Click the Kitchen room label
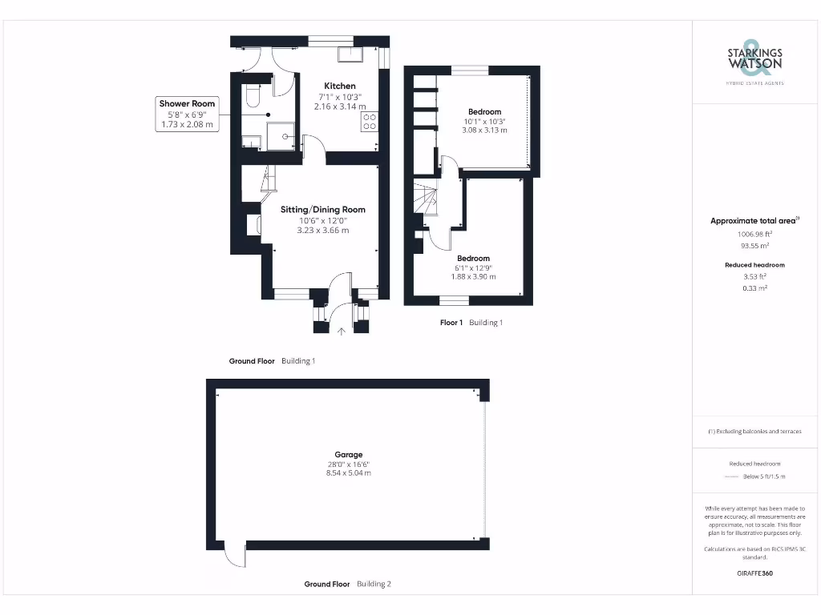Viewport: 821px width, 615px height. click(339, 86)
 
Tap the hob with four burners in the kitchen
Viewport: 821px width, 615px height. click(370, 122)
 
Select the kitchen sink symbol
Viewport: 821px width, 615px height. click(350, 54)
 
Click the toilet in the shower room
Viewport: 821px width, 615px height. click(251, 97)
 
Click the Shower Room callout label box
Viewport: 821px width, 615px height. click(187, 114)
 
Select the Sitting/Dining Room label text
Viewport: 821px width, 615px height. click(322, 210)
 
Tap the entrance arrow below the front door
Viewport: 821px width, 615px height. click(341, 331)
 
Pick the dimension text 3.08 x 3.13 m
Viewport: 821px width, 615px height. click(484, 131)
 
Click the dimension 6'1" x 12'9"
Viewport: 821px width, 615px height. click(474, 268)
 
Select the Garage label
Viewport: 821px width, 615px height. click(349, 454)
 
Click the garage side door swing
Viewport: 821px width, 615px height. click(233, 555)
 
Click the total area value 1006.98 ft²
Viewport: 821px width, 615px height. click(754, 235)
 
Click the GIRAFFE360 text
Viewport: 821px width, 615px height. click(754, 573)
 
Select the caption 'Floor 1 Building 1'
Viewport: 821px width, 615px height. click(471, 323)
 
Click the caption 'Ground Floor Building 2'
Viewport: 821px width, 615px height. click(347, 585)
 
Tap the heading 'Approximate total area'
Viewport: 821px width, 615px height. click(754, 221)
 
